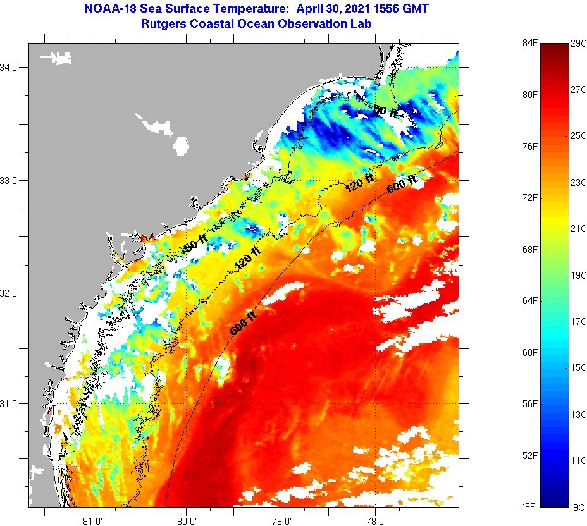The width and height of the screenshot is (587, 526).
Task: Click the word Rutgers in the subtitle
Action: click(x=165, y=24)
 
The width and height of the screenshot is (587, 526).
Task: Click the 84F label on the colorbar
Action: click(x=529, y=43)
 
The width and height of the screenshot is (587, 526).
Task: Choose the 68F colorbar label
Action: click(x=529, y=249)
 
